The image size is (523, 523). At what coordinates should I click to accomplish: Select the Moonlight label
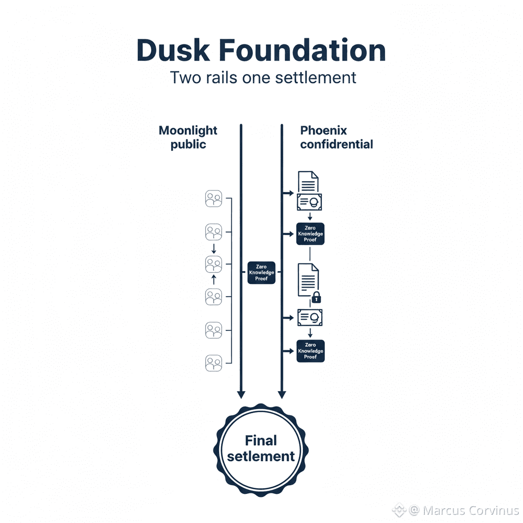(x=188, y=130)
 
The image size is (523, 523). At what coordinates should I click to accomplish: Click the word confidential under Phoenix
(x=336, y=145)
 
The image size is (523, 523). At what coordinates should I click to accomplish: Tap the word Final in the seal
(x=260, y=440)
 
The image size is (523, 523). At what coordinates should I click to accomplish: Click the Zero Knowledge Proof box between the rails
(x=261, y=272)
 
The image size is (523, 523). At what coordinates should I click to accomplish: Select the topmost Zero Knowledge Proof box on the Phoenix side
(x=310, y=234)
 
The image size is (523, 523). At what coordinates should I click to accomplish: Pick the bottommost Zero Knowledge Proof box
(x=310, y=351)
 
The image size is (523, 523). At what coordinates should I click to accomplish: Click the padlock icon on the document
(x=316, y=297)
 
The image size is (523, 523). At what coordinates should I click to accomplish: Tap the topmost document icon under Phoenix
(x=308, y=182)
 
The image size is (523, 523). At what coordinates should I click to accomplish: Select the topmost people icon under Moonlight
(x=213, y=199)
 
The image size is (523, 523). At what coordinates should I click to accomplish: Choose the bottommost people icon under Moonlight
(x=213, y=363)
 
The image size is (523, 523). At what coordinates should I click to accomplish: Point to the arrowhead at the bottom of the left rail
(x=241, y=394)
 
